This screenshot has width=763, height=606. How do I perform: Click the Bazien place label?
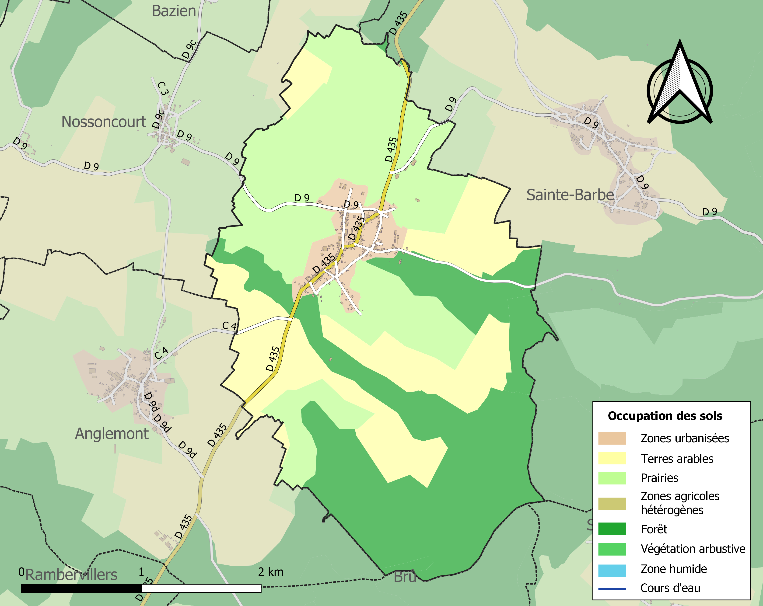point(174,11)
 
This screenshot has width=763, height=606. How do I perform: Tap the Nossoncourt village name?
point(104,122)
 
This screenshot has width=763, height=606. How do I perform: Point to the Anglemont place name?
point(112,434)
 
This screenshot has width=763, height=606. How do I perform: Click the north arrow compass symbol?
point(679,85)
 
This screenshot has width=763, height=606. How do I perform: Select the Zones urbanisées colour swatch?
point(612,438)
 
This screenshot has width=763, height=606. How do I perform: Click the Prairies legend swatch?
point(612,478)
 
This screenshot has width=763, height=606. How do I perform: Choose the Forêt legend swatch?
point(612,529)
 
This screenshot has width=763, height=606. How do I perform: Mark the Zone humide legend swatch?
point(612,569)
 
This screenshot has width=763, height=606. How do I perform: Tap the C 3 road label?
point(162,88)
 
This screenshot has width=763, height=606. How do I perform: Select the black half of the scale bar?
point(81,588)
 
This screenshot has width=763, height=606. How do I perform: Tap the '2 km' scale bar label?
point(271,572)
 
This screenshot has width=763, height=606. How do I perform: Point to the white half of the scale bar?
point(201,588)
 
